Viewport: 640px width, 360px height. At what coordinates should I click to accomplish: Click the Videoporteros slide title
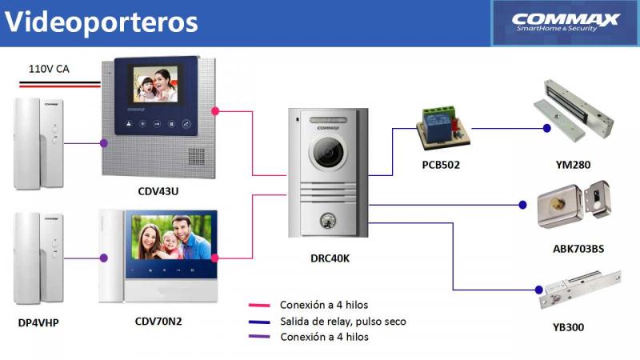point(101,22)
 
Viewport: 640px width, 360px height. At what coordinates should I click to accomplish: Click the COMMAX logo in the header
point(566,22)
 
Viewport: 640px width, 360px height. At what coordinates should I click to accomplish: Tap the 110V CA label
point(49,69)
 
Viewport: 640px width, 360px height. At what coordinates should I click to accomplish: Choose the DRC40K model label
point(330,258)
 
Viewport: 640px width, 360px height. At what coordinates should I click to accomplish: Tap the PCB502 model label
point(441,165)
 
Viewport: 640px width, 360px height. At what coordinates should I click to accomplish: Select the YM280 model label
point(573,165)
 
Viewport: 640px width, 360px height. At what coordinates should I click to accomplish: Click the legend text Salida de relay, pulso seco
point(342,322)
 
